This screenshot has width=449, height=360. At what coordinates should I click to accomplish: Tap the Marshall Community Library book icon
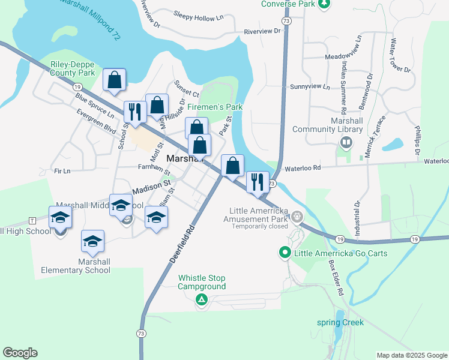coord(346,143)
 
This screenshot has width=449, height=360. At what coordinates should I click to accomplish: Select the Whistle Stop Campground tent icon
coord(202,299)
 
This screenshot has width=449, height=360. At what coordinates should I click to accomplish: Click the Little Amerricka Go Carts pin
coord(287,253)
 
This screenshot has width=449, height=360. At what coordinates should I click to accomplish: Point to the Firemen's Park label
coord(214,107)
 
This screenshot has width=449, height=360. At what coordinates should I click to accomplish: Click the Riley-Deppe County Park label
coord(73,68)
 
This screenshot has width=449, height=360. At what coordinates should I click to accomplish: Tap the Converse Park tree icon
coord(324,4)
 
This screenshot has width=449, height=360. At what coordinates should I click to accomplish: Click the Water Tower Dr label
coord(400,56)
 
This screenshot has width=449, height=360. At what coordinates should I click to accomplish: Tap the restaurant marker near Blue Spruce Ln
coord(134,111)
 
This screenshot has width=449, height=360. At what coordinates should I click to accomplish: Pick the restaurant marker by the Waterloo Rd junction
coord(258,181)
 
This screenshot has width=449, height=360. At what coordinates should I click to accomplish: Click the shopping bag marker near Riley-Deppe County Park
coord(114,79)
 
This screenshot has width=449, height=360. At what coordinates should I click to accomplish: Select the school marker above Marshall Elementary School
coord(92,241)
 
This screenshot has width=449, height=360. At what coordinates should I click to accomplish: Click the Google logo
coord(20,353)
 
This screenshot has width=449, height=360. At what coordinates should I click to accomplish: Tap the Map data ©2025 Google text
coord(411,355)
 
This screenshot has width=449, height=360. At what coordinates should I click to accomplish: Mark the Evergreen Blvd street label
coord(96,121)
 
